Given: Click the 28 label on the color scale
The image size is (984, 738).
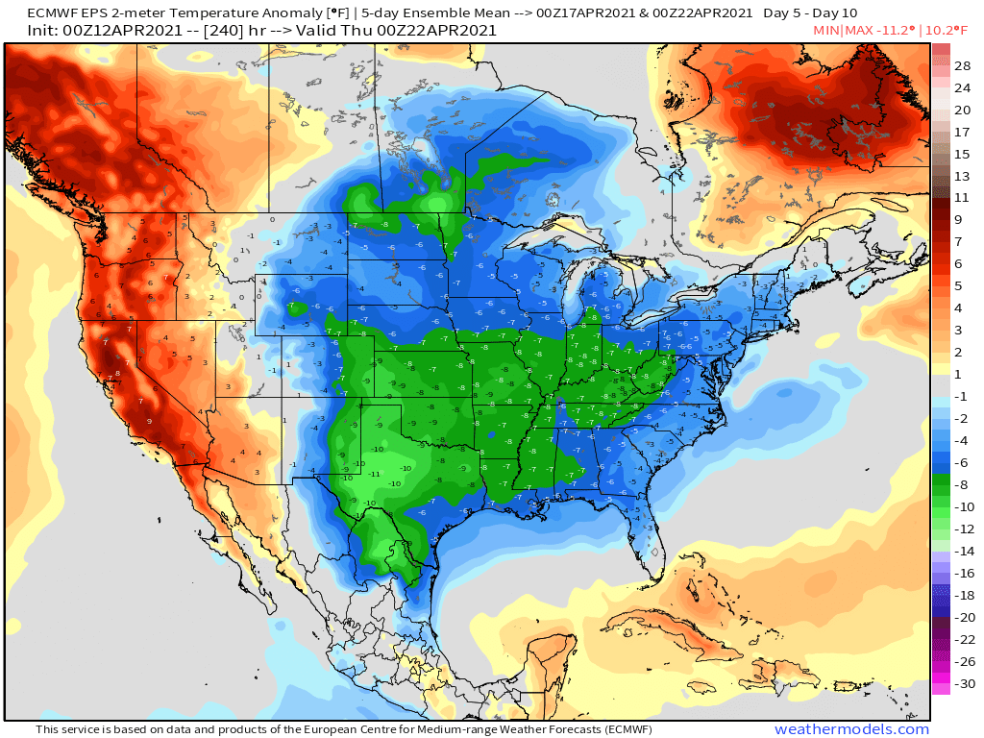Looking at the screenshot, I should tap(963, 65).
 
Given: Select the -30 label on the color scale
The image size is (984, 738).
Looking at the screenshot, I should tap(962, 684).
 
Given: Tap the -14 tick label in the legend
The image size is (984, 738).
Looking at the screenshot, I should tap(962, 552).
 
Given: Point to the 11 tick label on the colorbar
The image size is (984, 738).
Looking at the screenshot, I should tap(963, 197).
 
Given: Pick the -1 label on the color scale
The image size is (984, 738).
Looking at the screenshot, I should tap(962, 397).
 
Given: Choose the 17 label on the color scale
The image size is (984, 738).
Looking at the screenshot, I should tap(963, 132).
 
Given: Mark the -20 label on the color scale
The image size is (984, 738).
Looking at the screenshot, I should tap(962, 618).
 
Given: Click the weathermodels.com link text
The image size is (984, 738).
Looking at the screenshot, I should tap(851, 729).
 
